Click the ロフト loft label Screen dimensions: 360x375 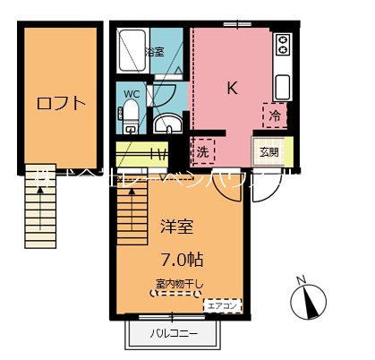tap(61, 103)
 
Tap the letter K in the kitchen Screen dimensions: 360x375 tap(231, 88)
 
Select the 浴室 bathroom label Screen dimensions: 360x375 tap(154, 52)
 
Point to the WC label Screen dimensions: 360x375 tap(131, 93)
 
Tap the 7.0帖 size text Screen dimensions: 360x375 tap(183, 260)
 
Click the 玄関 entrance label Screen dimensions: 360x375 tap(268, 151)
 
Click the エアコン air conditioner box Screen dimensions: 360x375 tap(222, 305)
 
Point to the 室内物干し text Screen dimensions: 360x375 tap(180, 286)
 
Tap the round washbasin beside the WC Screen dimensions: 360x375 tap(166, 123)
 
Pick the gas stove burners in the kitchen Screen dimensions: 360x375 tap(283, 45)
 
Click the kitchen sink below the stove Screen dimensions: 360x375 tap(283, 87)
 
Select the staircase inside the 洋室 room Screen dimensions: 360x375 tap(132, 223)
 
